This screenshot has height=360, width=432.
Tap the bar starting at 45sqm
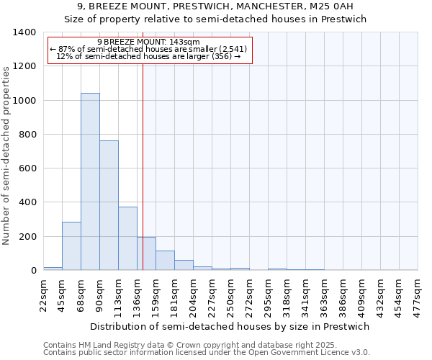click(x=71, y=246)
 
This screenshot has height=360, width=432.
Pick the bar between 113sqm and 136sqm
click(x=127, y=238)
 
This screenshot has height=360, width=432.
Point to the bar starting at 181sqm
click(x=184, y=265)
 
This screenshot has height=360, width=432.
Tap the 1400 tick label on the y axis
click(x=24, y=32)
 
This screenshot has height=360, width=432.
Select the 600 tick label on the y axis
click(x=27, y=168)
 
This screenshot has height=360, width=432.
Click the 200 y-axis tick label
click(x=27, y=236)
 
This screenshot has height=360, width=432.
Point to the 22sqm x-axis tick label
click(x=43, y=295)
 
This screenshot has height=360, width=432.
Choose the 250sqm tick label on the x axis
click(x=230, y=295)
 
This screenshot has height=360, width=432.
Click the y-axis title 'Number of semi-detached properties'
click(x=6, y=155)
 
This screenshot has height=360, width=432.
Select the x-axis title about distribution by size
click(x=230, y=326)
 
